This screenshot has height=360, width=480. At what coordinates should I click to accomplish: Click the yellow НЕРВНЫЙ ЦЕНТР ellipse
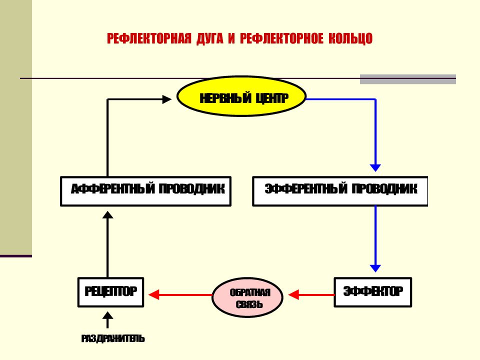(x=241, y=96)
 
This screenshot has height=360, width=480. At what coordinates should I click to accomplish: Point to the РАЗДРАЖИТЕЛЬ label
(x=113, y=338)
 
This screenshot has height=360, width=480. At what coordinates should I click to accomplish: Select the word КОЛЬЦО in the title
(x=350, y=39)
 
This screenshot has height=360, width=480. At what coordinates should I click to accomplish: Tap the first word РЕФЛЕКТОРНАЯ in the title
(x=149, y=39)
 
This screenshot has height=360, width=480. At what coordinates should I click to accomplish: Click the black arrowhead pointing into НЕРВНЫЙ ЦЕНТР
(x=166, y=99)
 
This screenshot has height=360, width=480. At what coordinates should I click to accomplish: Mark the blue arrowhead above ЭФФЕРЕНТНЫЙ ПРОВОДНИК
(x=375, y=168)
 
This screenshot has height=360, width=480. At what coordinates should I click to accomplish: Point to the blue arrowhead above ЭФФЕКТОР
(x=375, y=268)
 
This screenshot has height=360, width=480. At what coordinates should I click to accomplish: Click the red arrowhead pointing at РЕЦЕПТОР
(x=153, y=295)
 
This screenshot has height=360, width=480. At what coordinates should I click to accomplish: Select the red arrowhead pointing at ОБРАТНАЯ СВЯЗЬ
(x=293, y=295)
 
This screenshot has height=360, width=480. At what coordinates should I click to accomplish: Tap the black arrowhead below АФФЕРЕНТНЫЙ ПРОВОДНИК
(x=108, y=214)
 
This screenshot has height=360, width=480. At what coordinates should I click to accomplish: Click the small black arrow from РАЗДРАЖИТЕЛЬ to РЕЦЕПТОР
(x=108, y=320)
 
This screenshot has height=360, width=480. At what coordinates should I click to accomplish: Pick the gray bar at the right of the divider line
(x=408, y=79)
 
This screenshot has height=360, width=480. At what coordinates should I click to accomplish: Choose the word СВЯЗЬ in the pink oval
(x=249, y=304)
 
